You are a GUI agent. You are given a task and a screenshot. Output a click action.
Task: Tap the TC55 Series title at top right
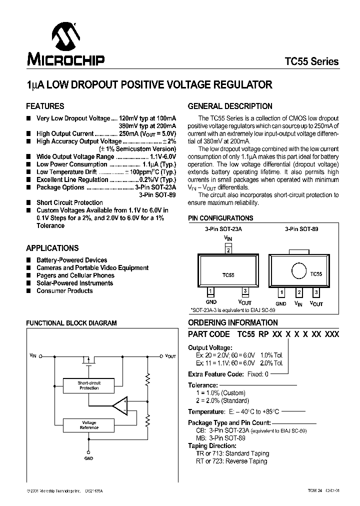point(311,61)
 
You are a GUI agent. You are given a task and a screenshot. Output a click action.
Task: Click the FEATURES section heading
point(45,106)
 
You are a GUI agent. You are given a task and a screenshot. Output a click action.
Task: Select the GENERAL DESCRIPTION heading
point(230,106)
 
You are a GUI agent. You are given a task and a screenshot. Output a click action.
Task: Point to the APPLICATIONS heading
point(52,248)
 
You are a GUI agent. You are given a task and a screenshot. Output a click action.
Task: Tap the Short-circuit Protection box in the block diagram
point(89,385)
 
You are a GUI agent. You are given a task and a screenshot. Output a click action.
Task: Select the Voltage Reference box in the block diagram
point(89,425)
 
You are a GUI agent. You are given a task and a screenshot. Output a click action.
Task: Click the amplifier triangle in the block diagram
point(120,405)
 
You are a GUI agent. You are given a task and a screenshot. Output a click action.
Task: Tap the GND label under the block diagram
point(89,458)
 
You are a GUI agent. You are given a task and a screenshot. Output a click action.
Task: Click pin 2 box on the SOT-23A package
point(228,250)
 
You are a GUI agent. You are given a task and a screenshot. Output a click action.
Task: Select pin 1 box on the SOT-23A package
point(211,291)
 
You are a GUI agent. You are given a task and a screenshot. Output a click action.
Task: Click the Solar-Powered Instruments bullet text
point(74,283)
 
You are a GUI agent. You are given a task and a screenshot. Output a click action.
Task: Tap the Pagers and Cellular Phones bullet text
point(75,275)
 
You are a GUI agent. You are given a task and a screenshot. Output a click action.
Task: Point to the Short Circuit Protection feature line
point(69,202)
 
